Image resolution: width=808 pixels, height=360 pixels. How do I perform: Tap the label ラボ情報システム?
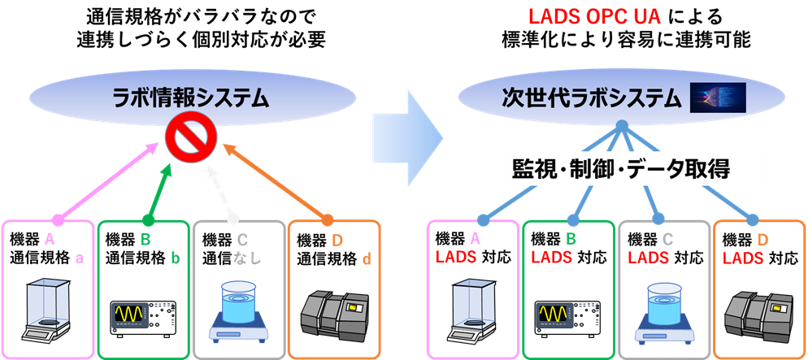[192, 98]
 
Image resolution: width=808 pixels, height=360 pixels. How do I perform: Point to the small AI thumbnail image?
[718, 98]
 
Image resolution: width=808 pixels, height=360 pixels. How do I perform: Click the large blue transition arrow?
[408, 134]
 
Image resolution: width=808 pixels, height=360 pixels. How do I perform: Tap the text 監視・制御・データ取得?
[621, 169]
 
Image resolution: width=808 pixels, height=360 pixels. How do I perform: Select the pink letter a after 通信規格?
[80, 258]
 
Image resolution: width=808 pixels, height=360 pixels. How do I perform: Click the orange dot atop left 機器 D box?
[328, 220]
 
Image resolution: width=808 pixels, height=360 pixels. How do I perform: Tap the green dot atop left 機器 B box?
[149, 220]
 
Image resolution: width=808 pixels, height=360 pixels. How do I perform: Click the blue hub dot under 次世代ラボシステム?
[622, 125]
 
